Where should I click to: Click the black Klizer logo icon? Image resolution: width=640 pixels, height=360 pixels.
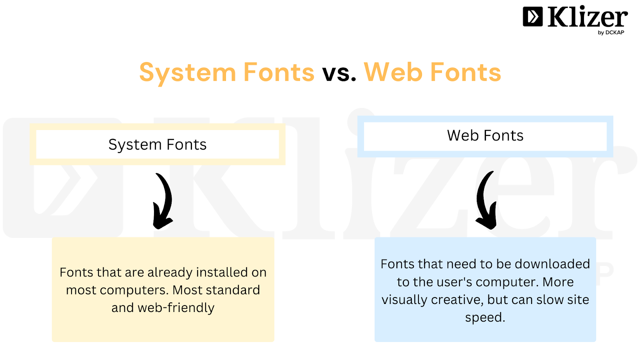tap(532, 16)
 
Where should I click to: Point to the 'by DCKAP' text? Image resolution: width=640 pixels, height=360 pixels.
tap(611, 32)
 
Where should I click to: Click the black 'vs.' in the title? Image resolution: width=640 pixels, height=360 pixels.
tap(339, 73)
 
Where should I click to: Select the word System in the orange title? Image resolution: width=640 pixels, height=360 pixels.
tap(188, 74)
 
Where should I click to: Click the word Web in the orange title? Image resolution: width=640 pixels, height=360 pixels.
tap(393, 72)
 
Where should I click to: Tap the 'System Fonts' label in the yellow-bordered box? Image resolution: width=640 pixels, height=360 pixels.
tap(158, 144)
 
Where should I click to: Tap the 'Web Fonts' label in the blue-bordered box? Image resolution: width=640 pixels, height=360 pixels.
tap(485, 136)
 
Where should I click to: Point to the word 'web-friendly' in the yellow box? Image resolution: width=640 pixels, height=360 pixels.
tap(176, 308)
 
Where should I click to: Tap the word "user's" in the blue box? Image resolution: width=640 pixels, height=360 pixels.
tap(448, 282)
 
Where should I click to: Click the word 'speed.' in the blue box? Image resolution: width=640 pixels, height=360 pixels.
tap(485, 318)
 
